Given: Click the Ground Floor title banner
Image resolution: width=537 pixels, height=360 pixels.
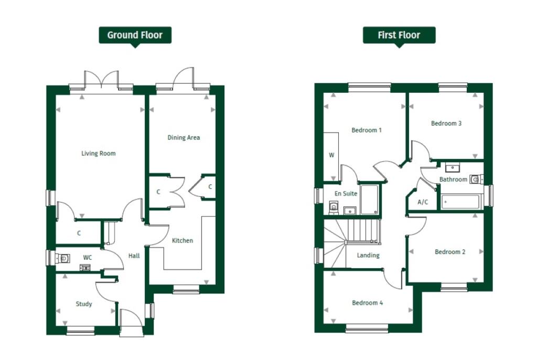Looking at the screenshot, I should pyautogui.click(x=135, y=35).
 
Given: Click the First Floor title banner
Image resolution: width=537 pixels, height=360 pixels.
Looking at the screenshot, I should pyautogui.click(x=399, y=35).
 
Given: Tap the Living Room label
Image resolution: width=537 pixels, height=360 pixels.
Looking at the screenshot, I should pyautogui.click(x=98, y=154).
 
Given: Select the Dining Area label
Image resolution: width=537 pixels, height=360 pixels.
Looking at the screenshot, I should pyautogui.click(x=184, y=137).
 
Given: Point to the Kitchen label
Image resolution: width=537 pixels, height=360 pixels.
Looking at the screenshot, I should pyautogui.click(x=182, y=241).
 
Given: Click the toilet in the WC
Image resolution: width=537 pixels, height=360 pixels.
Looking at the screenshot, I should pyautogui.click(x=63, y=258).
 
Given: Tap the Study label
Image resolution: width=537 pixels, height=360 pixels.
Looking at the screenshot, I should pyautogui.click(x=84, y=304).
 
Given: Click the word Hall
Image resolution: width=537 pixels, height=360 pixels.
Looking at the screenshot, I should pyautogui.click(x=134, y=256).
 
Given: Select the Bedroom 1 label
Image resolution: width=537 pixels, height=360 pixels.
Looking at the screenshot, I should pyautogui.click(x=367, y=130).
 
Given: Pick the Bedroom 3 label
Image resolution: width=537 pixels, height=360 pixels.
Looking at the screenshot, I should pyautogui.click(x=446, y=124).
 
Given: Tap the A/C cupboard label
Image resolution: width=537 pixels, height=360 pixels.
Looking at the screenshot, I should pyautogui.click(x=423, y=202).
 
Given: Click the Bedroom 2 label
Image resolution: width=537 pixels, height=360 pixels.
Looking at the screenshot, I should pyautogui.click(x=450, y=252).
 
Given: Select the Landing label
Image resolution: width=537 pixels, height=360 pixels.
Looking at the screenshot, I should pyautogui.click(x=368, y=256).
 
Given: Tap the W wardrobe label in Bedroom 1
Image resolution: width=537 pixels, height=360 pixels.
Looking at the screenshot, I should pyautogui.click(x=331, y=155).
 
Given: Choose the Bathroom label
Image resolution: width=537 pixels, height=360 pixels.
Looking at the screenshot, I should pyautogui.click(x=453, y=179).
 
